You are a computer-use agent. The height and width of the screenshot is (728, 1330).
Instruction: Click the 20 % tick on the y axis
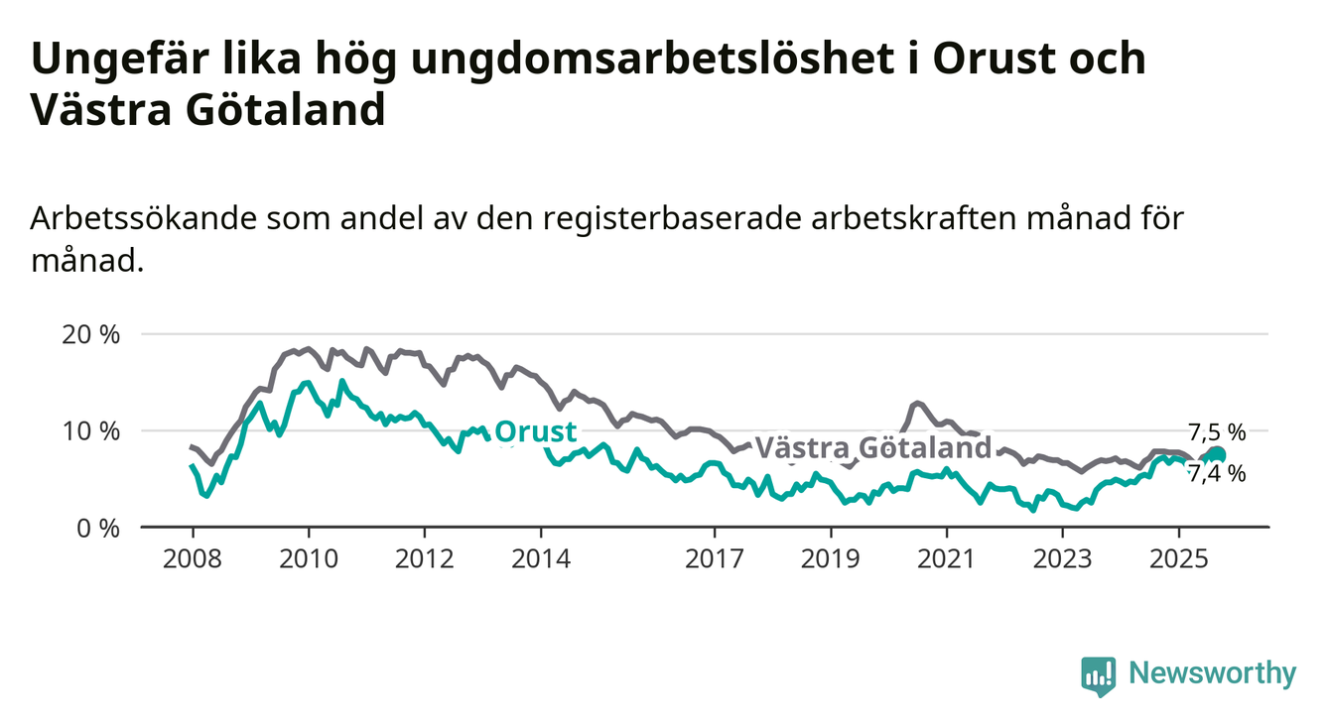tap(90, 334)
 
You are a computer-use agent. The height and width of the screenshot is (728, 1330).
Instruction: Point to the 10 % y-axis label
tap(90, 430)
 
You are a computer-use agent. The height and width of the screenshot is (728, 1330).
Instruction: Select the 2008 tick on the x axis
tap(192, 559)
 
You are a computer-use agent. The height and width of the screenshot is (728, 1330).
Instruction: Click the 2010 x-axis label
tap(308, 559)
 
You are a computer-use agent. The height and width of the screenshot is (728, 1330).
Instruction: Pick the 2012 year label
tap(424, 559)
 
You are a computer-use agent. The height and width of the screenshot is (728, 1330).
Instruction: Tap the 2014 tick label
tap(540, 559)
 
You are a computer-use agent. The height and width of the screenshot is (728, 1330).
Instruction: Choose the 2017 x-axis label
tap(714, 559)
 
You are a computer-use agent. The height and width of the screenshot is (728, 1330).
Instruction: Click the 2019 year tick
tap(830, 559)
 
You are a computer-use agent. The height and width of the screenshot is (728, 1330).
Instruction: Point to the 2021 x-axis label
tap(946, 559)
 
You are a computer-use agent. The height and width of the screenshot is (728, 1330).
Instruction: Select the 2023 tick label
tap(1062, 559)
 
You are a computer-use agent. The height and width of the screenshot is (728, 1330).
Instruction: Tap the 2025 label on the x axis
tap(1178, 559)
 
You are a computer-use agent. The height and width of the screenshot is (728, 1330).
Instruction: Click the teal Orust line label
tap(535, 432)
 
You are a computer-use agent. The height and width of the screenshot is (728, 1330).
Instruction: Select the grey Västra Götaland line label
tap(873, 448)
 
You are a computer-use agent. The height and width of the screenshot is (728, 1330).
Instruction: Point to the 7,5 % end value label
tap(1216, 431)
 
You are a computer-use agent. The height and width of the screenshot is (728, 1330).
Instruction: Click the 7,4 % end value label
tap(1216, 474)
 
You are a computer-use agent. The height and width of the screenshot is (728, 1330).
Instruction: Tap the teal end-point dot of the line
tap(1217, 455)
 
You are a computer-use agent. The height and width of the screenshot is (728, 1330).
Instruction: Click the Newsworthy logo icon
tap(1098, 675)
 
